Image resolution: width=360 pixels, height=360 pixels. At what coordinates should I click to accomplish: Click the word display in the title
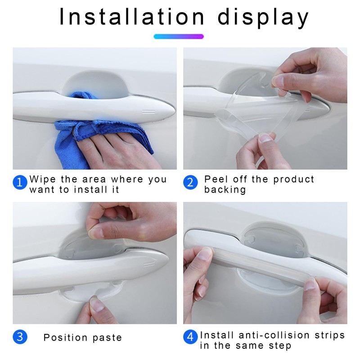pos(264,18)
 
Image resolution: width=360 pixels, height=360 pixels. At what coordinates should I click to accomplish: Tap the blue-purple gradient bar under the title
pos(179,36)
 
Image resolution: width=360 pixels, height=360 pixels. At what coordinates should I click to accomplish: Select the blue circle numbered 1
pos(19,183)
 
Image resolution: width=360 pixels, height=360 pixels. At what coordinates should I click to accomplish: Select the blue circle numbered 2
pos(190,183)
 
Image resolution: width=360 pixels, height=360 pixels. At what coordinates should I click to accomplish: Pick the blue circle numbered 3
pos(19,337)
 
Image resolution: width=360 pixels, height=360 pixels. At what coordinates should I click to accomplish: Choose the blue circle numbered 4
pos(190,337)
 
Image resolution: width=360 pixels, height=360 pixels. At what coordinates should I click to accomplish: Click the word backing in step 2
pos(225,190)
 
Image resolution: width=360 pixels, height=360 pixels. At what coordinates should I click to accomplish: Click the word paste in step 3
pos(108,338)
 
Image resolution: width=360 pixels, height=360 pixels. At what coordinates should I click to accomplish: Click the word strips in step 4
pos(330,335)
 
